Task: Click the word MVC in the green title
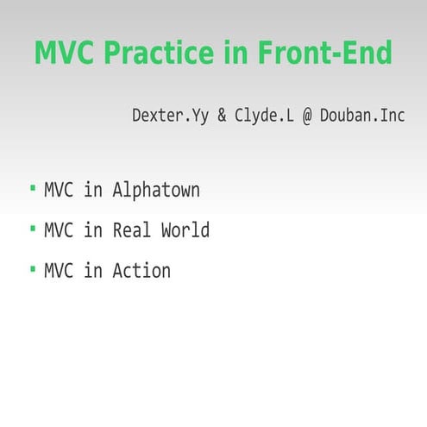pyautogui.click(x=65, y=53)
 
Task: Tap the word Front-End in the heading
pyautogui.click(x=324, y=53)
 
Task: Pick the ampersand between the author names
pyautogui.click(x=222, y=115)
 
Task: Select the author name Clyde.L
pyautogui.click(x=263, y=115)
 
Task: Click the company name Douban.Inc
pyautogui.click(x=362, y=115)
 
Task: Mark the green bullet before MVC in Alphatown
pyautogui.click(x=33, y=188)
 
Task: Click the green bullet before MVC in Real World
pyautogui.click(x=33, y=229)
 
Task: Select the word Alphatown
pyautogui.click(x=155, y=190)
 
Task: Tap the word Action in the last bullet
pyautogui.click(x=141, y=271)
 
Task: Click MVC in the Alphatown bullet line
pyautogui.click(x=59, y=190)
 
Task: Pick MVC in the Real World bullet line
pyautogui.click(x=59, y=230)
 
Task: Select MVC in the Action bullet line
pyautogui.click(x=59, y=271)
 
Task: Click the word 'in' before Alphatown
pyautogui.click(x=93, y=190)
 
